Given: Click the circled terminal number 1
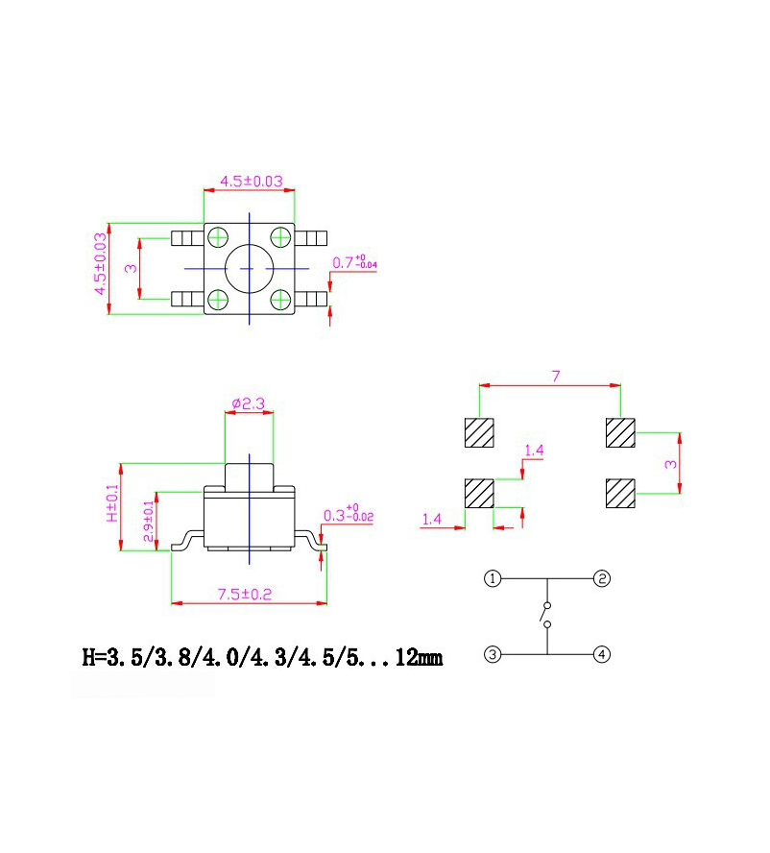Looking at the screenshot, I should [x=493, y=579].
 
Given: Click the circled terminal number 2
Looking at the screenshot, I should [x=601, y=579].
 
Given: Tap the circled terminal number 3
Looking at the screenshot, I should [x=493, y=655].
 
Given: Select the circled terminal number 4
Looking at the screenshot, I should [x=601, y=655].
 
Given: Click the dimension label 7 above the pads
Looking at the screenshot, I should [x=555, y=376].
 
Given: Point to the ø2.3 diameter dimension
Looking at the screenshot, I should [x=249, y=404].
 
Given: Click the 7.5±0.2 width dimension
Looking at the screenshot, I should [x=246, y=595].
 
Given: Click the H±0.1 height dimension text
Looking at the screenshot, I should [x=112, y=503].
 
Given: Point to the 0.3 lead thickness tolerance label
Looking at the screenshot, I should [x=348, y=516].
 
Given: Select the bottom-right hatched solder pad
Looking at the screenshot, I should [x=621, y=494].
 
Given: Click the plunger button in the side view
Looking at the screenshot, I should [x=249, y=475].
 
